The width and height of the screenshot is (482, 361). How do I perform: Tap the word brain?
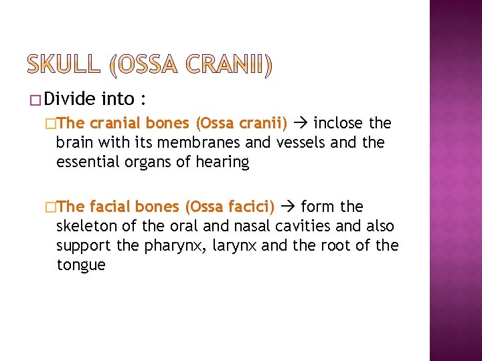[74, 143]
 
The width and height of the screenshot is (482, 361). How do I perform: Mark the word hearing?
[222, 162]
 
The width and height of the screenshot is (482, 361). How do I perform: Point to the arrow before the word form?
[289, 207]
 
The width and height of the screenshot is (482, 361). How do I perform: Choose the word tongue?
[81, 265]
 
